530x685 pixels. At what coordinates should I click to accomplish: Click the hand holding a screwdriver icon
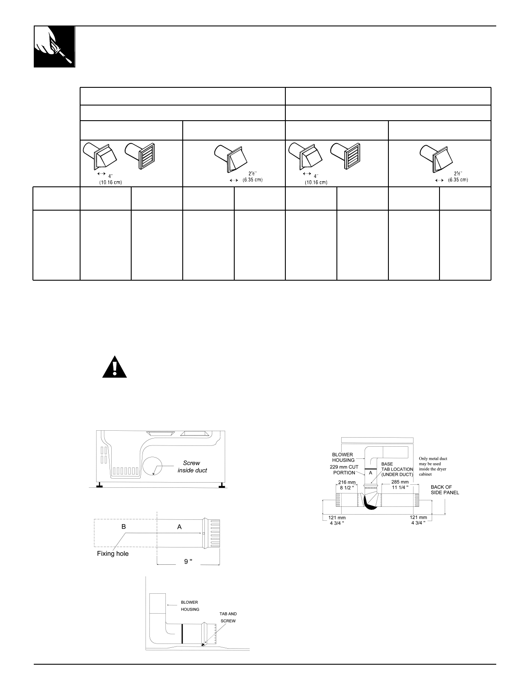click(55, 47)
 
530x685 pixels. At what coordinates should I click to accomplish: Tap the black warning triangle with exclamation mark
click(115, 368)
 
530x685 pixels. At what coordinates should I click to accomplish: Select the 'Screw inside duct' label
click(192, 467)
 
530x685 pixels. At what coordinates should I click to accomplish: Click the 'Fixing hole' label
click(113, 554)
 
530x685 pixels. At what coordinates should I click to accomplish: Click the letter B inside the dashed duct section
click(124, 527)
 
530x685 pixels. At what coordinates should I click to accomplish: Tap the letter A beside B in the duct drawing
click(179, 527)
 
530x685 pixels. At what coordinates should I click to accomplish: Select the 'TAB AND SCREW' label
click(228, 617)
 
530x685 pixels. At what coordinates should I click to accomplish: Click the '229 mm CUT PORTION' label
click(344, 470)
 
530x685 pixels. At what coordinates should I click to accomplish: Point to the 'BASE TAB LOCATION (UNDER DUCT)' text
click(397, 469)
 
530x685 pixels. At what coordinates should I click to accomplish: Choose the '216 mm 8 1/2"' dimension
click(347, 485)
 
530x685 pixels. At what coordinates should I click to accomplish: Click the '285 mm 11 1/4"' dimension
click(400, 485)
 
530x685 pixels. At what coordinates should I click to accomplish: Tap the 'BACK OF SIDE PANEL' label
click(445, 490)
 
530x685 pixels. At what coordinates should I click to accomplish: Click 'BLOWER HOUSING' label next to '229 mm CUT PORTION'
click(343, 457)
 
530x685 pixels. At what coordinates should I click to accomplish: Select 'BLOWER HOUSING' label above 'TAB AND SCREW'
click(190, 605)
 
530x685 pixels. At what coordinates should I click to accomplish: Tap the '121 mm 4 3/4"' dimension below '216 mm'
click(336, 520)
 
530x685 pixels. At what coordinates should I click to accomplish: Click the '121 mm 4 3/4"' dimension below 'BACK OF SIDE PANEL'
click(418, 520)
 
